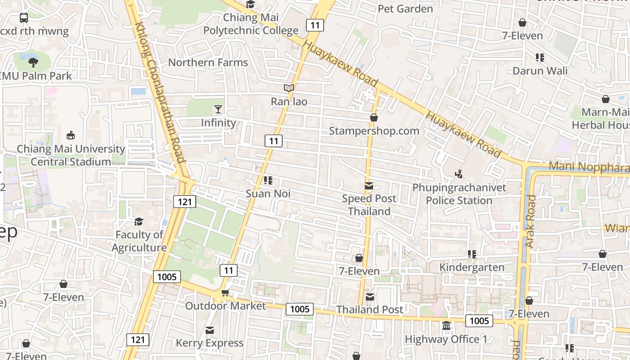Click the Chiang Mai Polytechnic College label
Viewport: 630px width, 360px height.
(x=251, y=24)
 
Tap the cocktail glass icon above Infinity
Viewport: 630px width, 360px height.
(x=218, y=109)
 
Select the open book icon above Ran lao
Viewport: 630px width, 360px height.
(x=289, y=88)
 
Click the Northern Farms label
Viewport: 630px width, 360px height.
(x=208, y=63)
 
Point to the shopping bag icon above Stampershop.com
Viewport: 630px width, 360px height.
(x=373, y=117)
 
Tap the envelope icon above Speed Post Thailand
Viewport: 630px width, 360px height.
(x=369, y=186)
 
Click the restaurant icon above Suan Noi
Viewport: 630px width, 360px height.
(x=268, y=180)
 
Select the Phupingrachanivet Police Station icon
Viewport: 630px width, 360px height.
(x=459, y=174)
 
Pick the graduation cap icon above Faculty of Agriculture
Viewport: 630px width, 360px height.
(x=139, y=221)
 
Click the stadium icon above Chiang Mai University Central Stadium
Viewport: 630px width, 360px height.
(x=71, y=135)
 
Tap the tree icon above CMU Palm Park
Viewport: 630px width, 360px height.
(x=33, y=62)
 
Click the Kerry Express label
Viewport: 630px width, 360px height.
(x=210, y=343)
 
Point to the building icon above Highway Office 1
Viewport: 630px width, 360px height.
(x=446, y=325)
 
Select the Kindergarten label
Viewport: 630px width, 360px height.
(x=472, y=267)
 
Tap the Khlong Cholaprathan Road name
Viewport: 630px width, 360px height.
(x=160, y=92)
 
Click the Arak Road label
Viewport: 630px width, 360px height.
(x=531, y=221)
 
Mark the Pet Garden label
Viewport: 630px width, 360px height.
(x=405, y=9)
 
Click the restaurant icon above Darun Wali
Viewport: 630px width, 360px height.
(x=540, y=57)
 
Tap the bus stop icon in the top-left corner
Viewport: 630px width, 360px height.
(x=24, y=18)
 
